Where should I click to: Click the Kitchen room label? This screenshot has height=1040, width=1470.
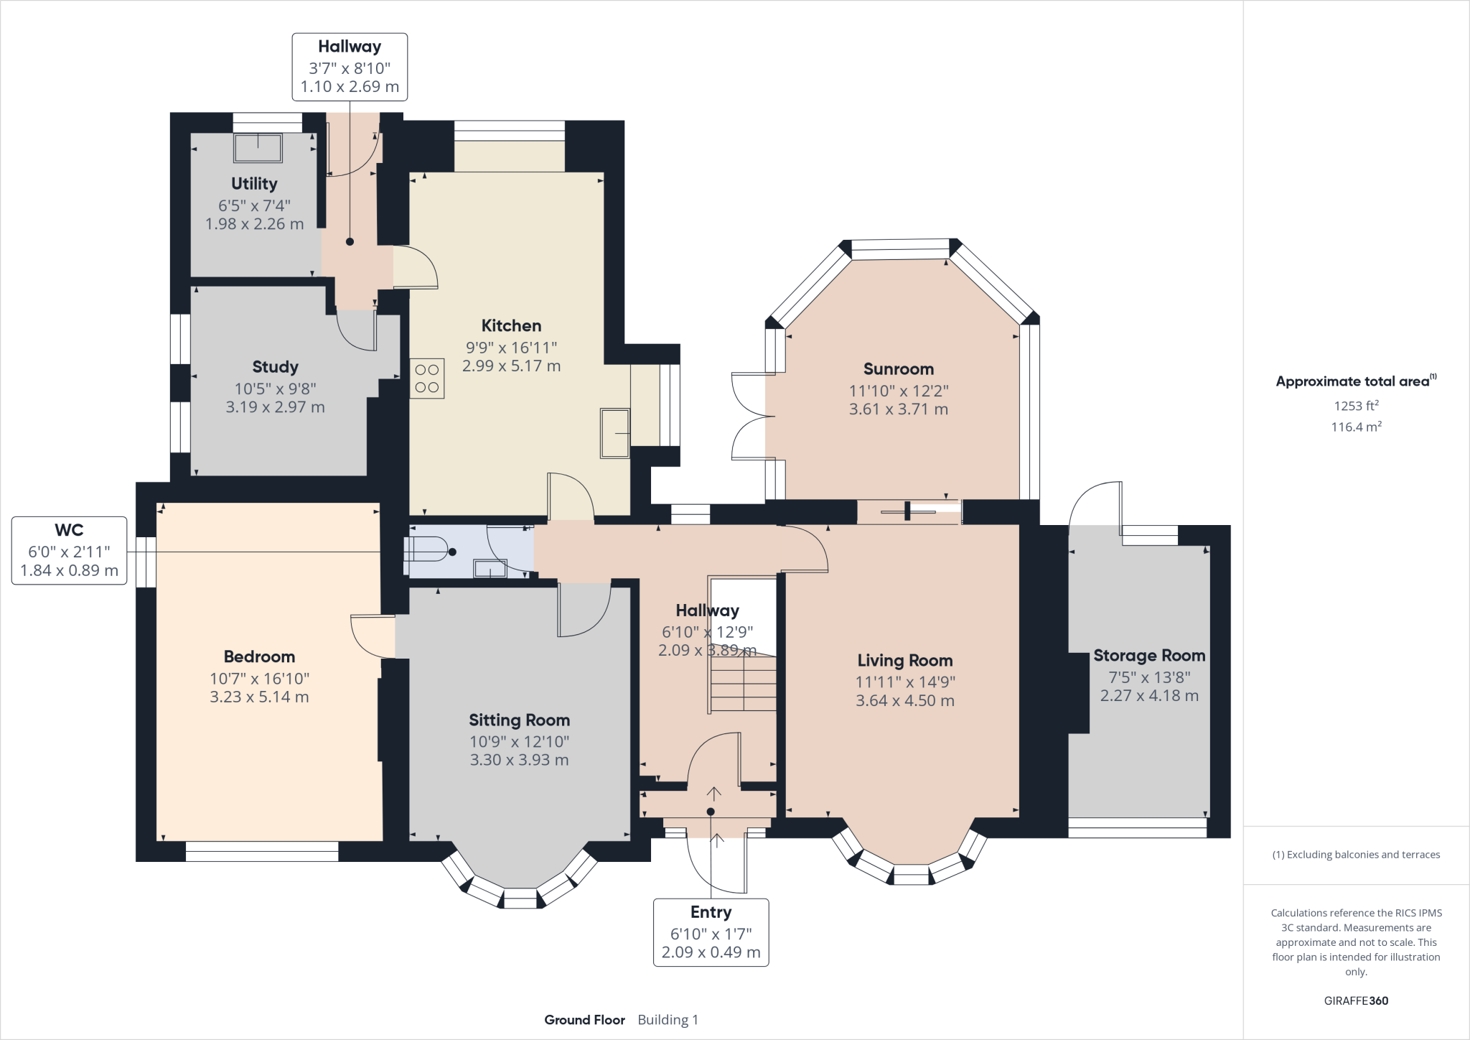511,325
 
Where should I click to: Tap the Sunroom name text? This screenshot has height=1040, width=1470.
899,369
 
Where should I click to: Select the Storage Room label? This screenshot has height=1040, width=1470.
1149,656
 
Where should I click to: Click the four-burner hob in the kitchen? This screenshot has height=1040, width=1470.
427,379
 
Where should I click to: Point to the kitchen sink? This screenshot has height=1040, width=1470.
615,433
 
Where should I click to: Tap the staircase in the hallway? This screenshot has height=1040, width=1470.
743,681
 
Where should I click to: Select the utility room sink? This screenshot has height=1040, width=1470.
258,148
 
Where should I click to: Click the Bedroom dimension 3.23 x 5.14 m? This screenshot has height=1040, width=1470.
259,697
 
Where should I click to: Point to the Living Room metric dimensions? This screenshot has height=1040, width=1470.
905,700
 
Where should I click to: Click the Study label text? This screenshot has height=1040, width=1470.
275,367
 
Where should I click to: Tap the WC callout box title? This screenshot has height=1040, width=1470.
69,530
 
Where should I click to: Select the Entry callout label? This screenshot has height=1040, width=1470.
711,912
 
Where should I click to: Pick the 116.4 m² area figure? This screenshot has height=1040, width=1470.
1356,427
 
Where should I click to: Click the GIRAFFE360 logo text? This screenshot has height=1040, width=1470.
1356,1000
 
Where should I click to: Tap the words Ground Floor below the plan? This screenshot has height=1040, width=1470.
584,1020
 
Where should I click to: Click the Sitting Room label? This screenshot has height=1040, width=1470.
519,720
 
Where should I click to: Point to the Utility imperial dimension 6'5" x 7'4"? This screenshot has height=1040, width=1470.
254,205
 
